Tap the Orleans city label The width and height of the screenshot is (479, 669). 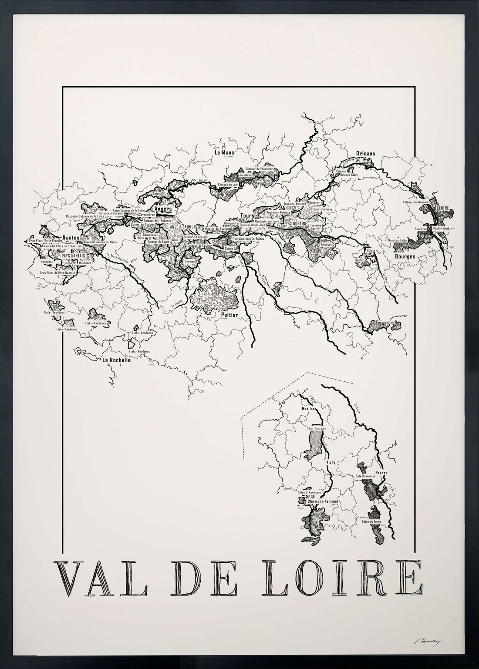[x=365, y=153]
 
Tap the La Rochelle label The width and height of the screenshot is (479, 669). [x=115, y=360]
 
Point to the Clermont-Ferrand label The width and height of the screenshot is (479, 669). [x=323, y=502]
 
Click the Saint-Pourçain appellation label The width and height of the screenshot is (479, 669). [x=317, y=428]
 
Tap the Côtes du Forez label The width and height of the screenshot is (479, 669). [x=371, y=521]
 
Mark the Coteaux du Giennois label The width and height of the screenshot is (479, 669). [x=416, y=202]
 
